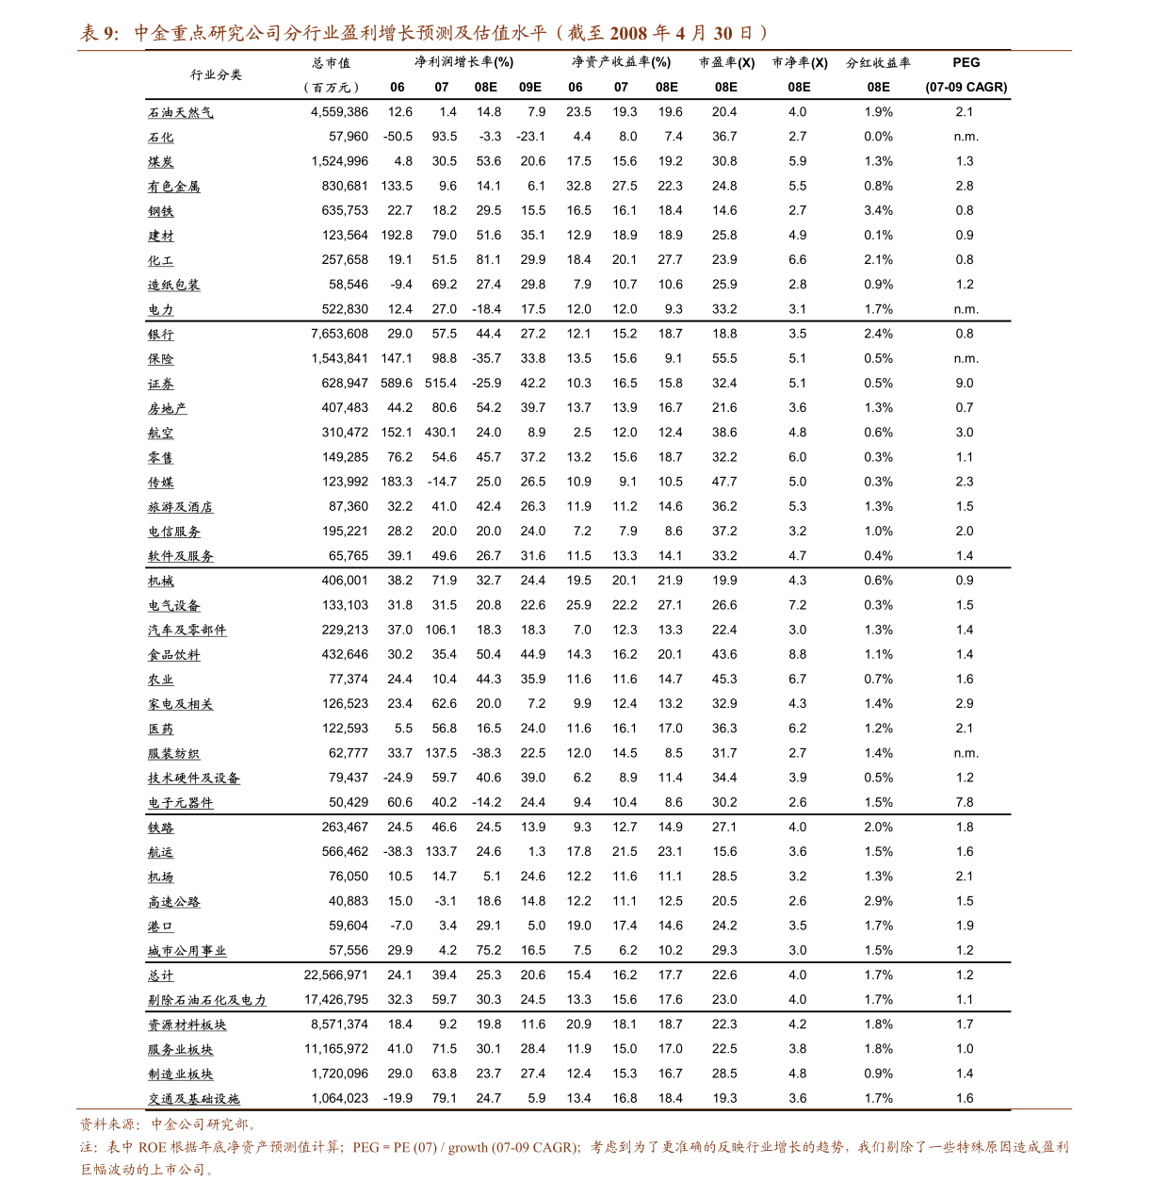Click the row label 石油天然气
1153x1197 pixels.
[x=181, y=112]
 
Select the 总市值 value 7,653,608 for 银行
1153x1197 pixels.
[x=339, y=334]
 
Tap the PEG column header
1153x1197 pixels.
[x=966, y=62]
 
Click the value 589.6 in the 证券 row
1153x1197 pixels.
[x=397, y=384]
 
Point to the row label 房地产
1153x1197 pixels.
[x=168, y=408]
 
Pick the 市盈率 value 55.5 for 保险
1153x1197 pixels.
[x=724, y=358]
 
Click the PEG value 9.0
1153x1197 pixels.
[x=965, y=384]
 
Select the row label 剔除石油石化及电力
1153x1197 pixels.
[x=207, y=1000]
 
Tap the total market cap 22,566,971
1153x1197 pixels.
[x=336, y=976]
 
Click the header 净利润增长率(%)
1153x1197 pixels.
[x=464, y=62]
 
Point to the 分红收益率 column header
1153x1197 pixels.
[x=878, y=62]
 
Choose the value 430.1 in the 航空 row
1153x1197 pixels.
[x=441, y=433]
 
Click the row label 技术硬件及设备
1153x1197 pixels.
[x=194, y=779]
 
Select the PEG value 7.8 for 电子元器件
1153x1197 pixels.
[x=965, y=803]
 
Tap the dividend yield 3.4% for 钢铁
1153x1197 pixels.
[x=878, y=211]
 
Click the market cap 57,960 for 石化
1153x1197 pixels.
[x=349, y=137]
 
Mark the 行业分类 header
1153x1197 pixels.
[x=217, y=74]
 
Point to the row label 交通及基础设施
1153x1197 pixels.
[x=194, y=1099]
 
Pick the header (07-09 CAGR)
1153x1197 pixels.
[x=966, y=87]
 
